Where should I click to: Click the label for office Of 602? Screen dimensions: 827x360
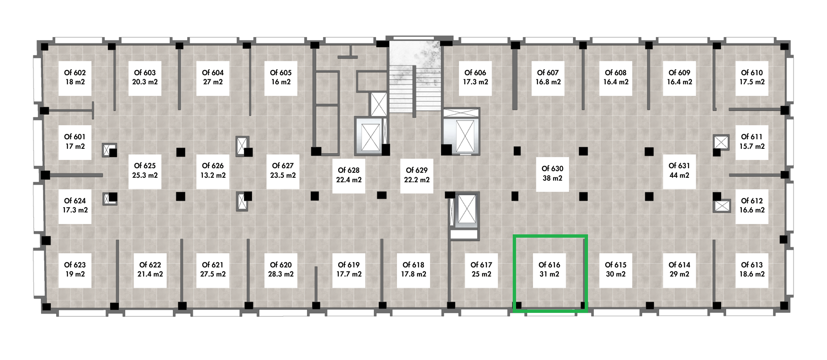click(x=75, y=77)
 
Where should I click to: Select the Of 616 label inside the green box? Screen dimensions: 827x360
click(x=549, y=269)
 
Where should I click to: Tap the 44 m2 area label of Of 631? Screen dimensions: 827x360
click(x=679, y=175)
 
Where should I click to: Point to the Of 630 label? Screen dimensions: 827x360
click(x=552, y=174)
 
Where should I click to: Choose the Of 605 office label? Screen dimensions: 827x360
click(x=281, y=77)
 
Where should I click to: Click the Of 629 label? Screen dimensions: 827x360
click(x=417, y=175)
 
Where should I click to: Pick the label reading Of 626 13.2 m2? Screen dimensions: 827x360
click(x=213, y=170)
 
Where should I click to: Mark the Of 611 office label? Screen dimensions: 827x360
click(x=752, y=141)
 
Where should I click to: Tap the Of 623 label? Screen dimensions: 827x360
click(x=75, y=269)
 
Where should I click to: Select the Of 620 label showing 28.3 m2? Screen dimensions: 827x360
click(x=281, y=269)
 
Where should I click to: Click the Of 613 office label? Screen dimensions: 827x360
click(x=752, y=269)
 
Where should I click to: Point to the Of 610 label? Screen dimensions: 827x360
click(x=752, y=77)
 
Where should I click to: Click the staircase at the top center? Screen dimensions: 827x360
click(x=415, y=76)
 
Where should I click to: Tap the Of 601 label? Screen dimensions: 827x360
click(x=75, y=141)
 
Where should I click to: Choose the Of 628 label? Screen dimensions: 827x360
click(x=349, y=175)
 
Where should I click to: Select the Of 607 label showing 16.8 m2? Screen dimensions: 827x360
click(x=548, y=77)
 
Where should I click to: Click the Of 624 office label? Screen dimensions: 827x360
click(x=75, y=205)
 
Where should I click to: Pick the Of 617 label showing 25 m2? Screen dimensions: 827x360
click(x=481, y=269)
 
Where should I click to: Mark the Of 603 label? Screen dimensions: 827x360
click(x=145, y=77)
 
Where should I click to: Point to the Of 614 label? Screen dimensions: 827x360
click(x=679, y=269)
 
